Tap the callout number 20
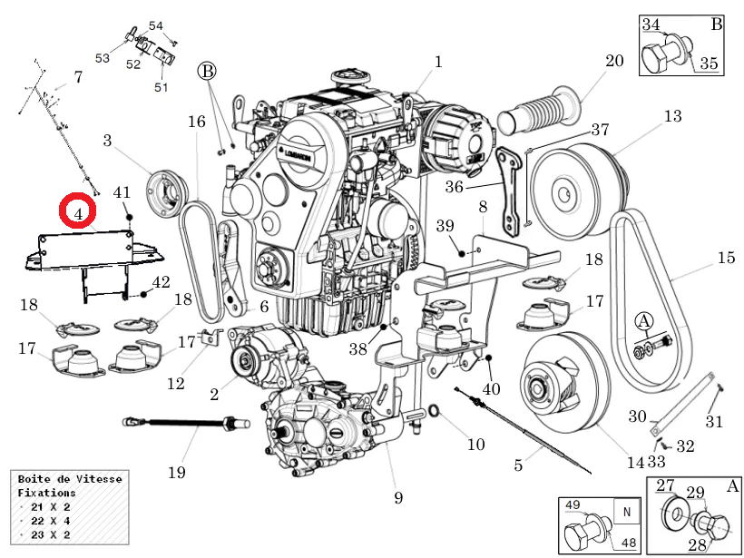(x=614, y=62)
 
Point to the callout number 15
(x=725, y=258)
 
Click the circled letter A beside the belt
(x=643, y=321)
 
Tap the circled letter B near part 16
(x=208, y=71)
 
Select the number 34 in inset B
(x=651, y=24)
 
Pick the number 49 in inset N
(x=573, y=504)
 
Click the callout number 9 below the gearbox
(x=397, y=497)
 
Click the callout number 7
(x=78, y=77)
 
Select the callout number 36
(x=454, y=186)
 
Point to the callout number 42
(x=161, y=282)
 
